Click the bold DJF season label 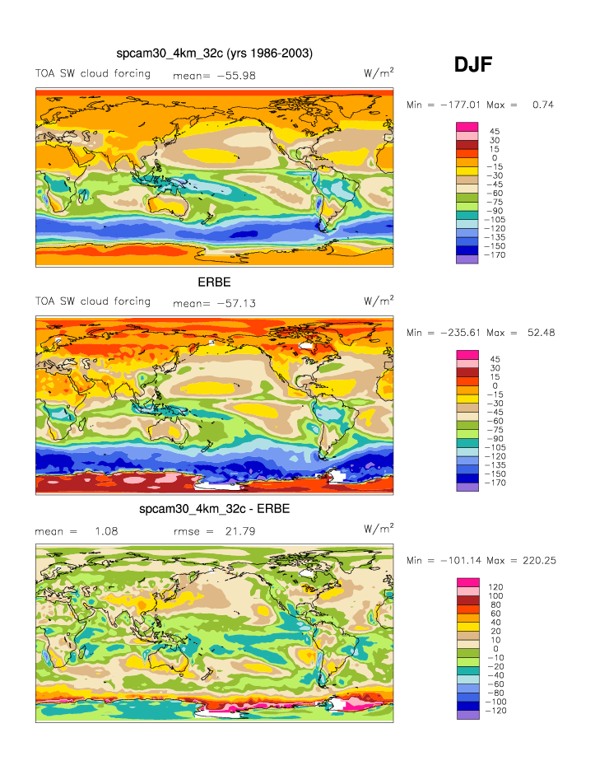(x=473, y=65)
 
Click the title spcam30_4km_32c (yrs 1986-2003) (x=214, y=54)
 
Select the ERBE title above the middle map (x=213, y=282)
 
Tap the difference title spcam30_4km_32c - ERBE (x=214, y=509)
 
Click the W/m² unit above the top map (x=378, y=73)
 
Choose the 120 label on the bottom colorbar (x=496, y=587)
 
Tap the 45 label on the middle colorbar (x=495, y=359)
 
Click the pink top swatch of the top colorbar (x=467, y=127)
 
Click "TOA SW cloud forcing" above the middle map (x=92, y=301)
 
